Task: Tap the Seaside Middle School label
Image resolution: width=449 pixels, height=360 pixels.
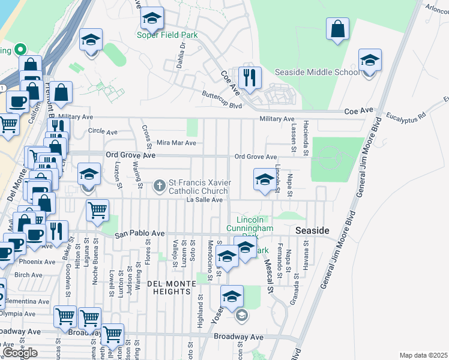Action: click(x=317, y=72)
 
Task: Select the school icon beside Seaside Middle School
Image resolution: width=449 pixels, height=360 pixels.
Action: click(x=370, y=61)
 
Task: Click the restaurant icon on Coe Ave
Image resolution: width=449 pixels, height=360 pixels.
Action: click(x=249, y=77)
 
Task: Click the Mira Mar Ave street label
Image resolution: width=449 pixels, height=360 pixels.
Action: click(x=176, y=143)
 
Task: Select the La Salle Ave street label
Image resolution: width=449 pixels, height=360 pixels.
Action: click(x=204, y=200)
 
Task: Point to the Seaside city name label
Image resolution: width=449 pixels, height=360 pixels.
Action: click(x=312, y=231)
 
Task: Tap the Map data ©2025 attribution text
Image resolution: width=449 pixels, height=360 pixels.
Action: click(x=424, y=355)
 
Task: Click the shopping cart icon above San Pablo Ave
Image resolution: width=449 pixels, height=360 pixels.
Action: click(x=97, y=211)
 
